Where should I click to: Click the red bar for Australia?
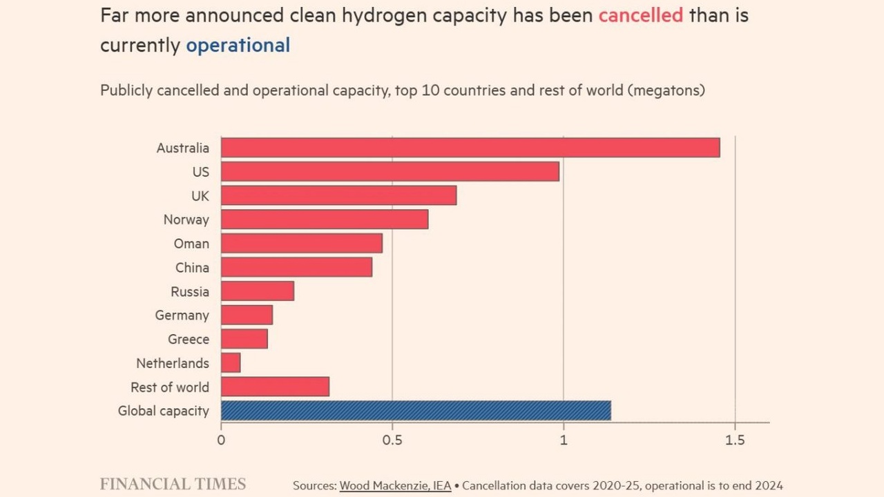470,148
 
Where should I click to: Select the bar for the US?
390,171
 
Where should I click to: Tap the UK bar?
338,195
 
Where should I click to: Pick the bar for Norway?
325,220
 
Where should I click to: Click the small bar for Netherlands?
231,363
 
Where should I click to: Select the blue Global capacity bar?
416,411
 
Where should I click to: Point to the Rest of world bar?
275,387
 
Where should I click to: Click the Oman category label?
191,244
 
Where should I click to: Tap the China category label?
192,268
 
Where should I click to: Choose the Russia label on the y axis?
190,291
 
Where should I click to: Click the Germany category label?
182,315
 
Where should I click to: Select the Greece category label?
188,340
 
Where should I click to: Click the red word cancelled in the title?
640,16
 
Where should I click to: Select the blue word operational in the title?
238,46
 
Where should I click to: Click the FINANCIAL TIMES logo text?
173,484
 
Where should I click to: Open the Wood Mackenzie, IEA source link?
395,486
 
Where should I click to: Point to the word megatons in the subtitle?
666,90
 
